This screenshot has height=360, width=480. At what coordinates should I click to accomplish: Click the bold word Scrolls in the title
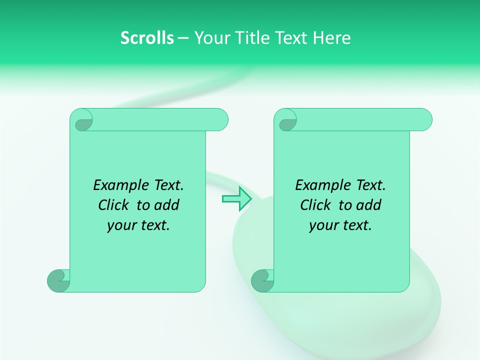[x=147, y=38]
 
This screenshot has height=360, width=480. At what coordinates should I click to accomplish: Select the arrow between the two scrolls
[x=236, y=198]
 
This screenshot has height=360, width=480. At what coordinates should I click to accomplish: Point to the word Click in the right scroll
[x=315, y=205]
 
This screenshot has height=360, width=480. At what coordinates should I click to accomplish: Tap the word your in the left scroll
[x=120, y=225]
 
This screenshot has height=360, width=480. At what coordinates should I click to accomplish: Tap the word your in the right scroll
[x=322, y=225]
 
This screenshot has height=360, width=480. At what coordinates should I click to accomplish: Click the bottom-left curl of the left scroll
[x=58, y=280]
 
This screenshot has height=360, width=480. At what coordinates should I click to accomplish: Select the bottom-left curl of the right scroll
[x=262, y=280]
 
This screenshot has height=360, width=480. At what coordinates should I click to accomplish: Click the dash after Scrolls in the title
[x=183, y=38]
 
